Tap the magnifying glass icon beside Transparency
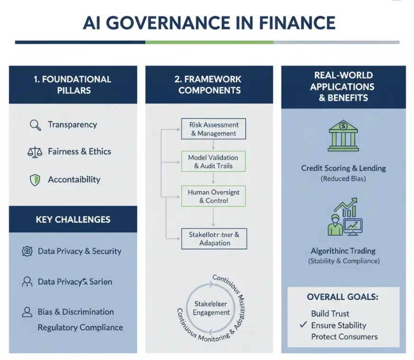click(x=35, y=125)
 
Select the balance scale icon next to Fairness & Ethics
click(x=35, y=152)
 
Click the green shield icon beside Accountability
click(x=35, y=180)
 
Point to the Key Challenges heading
click(x=73, y=219)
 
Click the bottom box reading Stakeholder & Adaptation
click(x=214, y=238)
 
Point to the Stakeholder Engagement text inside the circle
click(x=211, y=308)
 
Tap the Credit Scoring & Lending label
click(x=343, y=168)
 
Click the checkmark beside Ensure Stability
click(x=303, y=325)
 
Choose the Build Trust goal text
click(x=330, y=314)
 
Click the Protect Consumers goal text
click(x=344, y=337)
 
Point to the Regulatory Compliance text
click(x=80, y=327)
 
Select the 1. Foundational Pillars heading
click(x=72, y=85)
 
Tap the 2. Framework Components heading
click(x=209, y=85)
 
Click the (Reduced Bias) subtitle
click(x=343, y=179)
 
